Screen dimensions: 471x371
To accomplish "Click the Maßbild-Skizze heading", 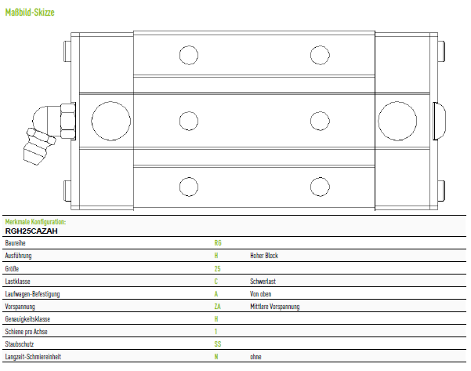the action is coord(30,13).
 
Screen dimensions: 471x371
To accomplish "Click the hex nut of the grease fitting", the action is coord(68,121).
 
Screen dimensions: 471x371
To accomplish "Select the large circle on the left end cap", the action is coord(111,121).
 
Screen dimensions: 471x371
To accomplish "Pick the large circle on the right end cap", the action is coord(397,121).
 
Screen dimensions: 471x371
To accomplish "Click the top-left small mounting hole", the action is coord(189,55).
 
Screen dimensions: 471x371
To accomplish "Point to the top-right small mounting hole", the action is coord(320,55).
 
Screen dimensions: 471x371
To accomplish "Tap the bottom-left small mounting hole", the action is coord(189,187).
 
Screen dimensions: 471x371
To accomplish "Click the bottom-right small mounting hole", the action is coord(320,187).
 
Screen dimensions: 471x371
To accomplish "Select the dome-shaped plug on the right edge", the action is coord(439,121).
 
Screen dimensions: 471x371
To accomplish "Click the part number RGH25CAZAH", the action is coord(31,231).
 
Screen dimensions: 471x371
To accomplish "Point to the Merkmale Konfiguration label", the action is coord(35,222).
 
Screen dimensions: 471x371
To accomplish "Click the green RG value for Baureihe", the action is coord(218,243).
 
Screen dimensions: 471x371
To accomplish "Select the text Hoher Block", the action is coord(264,256).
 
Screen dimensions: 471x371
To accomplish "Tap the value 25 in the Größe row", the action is coord(218,268).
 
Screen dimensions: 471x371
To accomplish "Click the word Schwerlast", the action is coord(263,281).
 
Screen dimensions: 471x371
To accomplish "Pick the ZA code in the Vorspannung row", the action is coord(218,307).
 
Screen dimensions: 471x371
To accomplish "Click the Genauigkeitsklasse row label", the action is coord(27,319).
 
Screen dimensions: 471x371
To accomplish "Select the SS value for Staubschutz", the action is coord(218,344).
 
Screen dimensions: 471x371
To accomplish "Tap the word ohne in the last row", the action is coord(255,357).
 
